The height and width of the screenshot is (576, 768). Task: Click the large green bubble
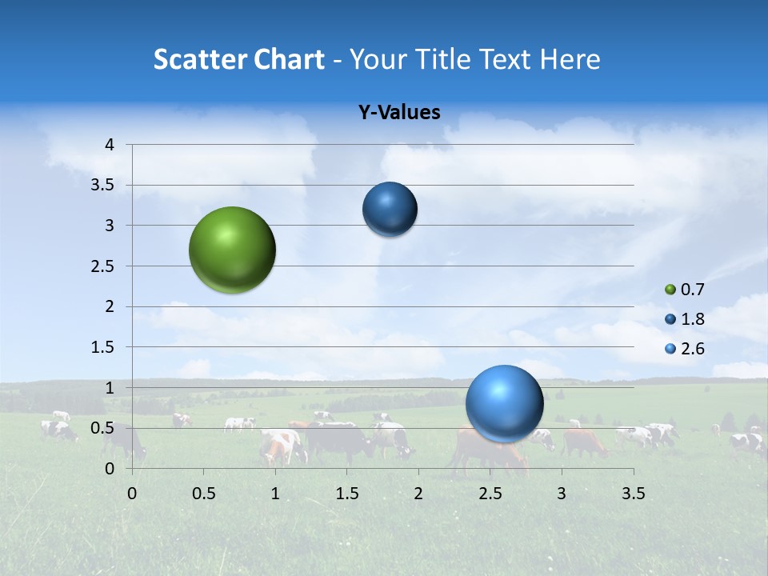point(232,250)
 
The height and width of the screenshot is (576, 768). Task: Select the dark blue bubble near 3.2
point(390,210)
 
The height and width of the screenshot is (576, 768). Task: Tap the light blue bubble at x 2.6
point(504,403)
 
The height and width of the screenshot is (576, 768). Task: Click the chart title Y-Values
point(398,113)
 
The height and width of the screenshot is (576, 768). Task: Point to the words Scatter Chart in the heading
point(239,59)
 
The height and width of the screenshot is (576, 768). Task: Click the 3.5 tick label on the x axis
point(633,493)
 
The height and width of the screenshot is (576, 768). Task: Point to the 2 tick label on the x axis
point(418,493)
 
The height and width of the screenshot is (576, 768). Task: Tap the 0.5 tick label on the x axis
point(204,493)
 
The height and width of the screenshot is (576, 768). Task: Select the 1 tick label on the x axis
point(275,493)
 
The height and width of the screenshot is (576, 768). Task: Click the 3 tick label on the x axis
point(562,493)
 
